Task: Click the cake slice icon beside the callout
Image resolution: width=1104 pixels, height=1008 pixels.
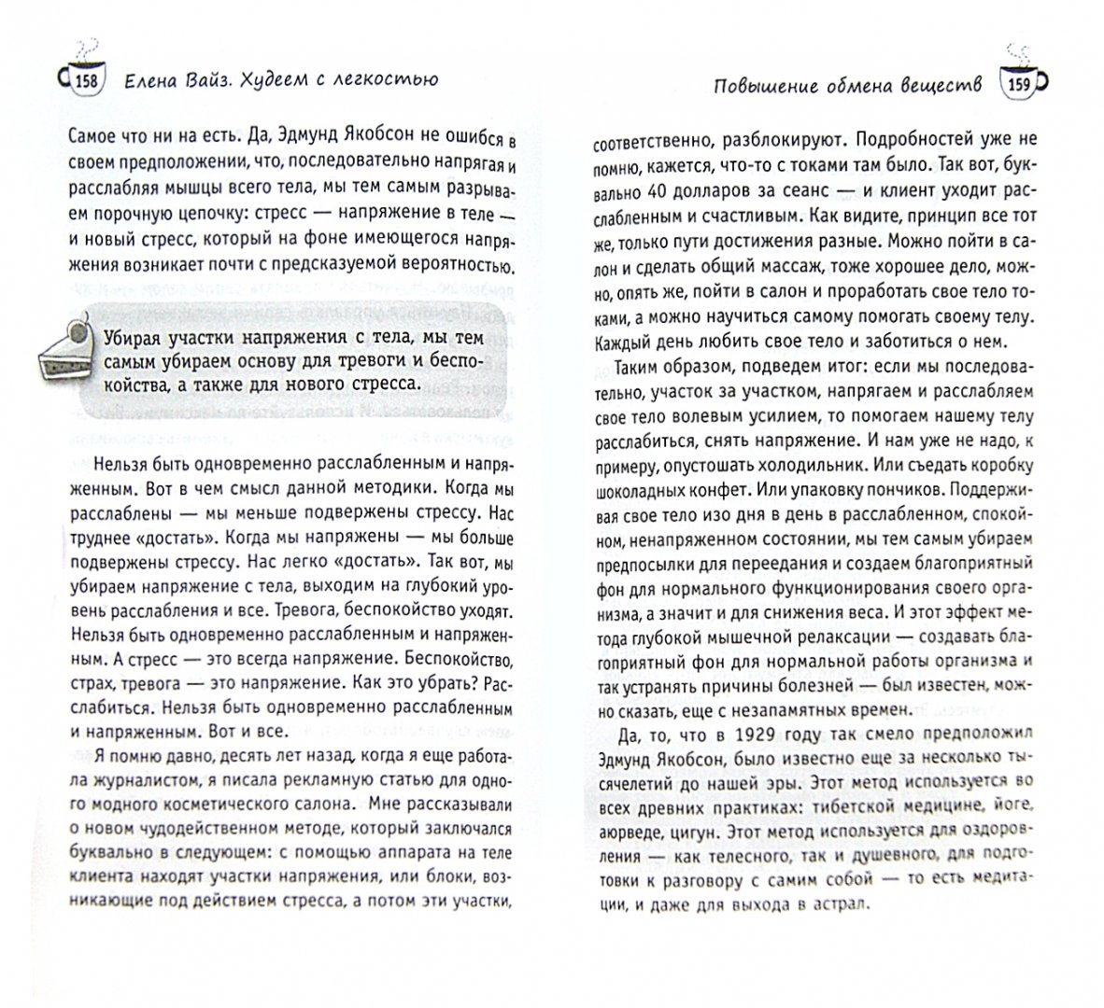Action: (x=64, y=352)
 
